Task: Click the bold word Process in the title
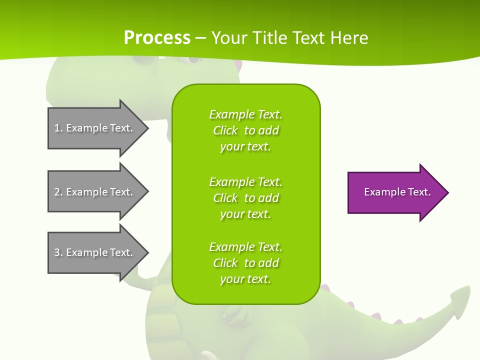(x=157, y=38)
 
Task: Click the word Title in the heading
(x=267, y=38)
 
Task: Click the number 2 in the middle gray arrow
(x=57, y=192)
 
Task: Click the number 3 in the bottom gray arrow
(x=57, y=252)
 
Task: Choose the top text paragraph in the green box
(x=245, y=130)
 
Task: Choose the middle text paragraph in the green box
(x=245, y=198)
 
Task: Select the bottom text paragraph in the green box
(x=245, y=263)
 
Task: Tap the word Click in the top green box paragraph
(x=225, y=130)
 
